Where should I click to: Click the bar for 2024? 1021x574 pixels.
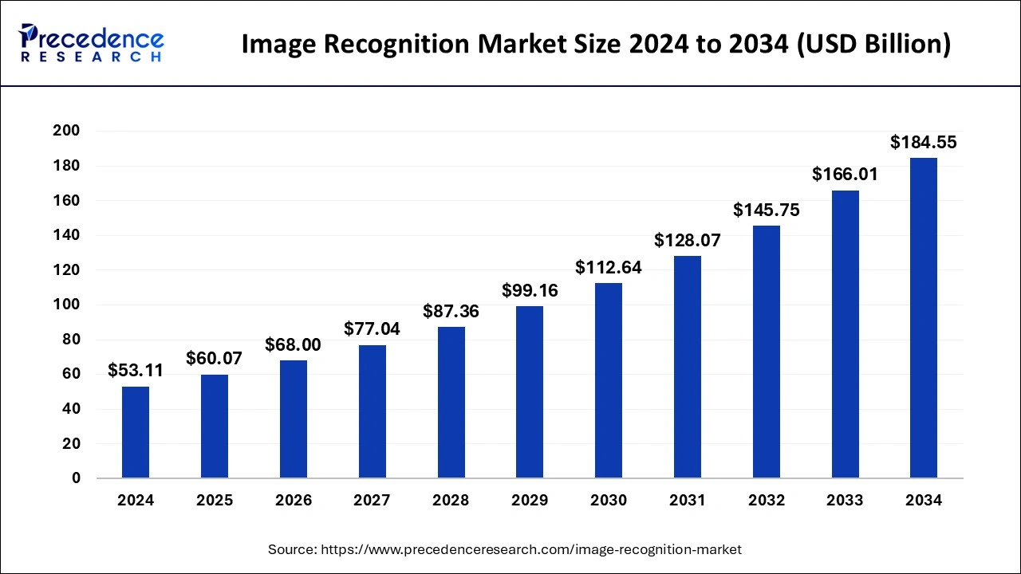pyautogui.click(x=136, y=433)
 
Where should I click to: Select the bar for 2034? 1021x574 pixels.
pyautogui.click(x=924, y=319)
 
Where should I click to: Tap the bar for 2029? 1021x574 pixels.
pyautogui.click(x=530, y=392)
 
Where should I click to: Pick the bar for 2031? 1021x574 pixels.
pyautogui.click(x=687, y=367)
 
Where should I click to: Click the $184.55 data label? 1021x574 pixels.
pyautogui.click(x=923, y=143)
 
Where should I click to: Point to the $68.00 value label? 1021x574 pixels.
pyautogui.click(x=293, y=344)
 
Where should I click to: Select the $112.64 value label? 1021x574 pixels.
pyautogui.click(x=609, y=268)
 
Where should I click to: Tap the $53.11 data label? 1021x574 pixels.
pyautogui.click(x=136, y=371)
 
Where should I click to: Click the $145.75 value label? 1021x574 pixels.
pyautogui.click(x=767, y=210)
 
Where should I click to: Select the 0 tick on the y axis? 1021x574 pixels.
pyautogui.click(x=77, y=478)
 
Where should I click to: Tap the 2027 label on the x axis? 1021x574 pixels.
pyautogui.click(x=372, y=501)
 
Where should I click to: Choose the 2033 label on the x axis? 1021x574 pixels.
pyautogui.click(x=845, y=501)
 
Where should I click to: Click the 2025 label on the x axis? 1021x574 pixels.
pyautogui.click(x=215, y=501)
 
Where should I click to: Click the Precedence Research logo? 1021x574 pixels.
pyautogui.click(x=92, y=42)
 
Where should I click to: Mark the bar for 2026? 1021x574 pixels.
pyautogui.click(x=294, y=419)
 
